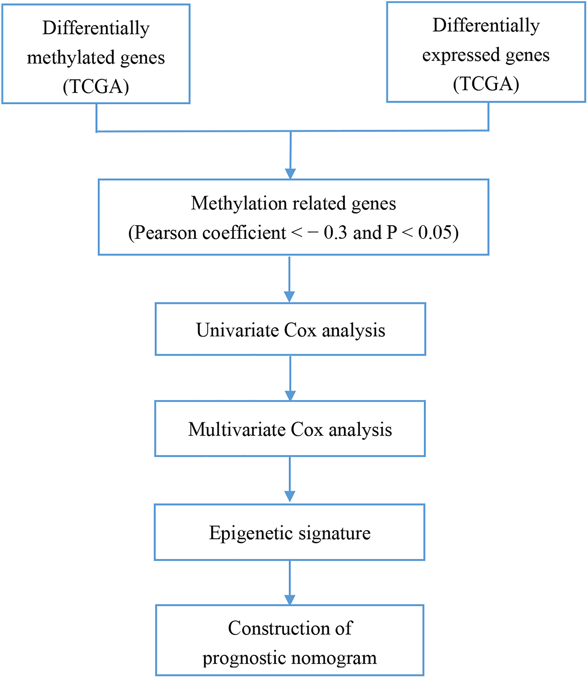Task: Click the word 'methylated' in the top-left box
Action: click(x=71, y=58)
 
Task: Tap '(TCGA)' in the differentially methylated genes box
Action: click(x=96, y=86)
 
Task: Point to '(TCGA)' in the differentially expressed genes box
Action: click(x=486, y=84)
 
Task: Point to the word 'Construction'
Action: click(x=279, y=628)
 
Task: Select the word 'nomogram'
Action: click(x=334, y=658)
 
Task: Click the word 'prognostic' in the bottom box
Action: click(x=244, y=659)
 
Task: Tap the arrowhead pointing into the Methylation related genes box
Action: click(x=290, y=174)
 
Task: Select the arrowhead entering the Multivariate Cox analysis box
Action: click(x=290, y=396)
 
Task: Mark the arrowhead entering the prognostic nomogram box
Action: click(x=290, y=600)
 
